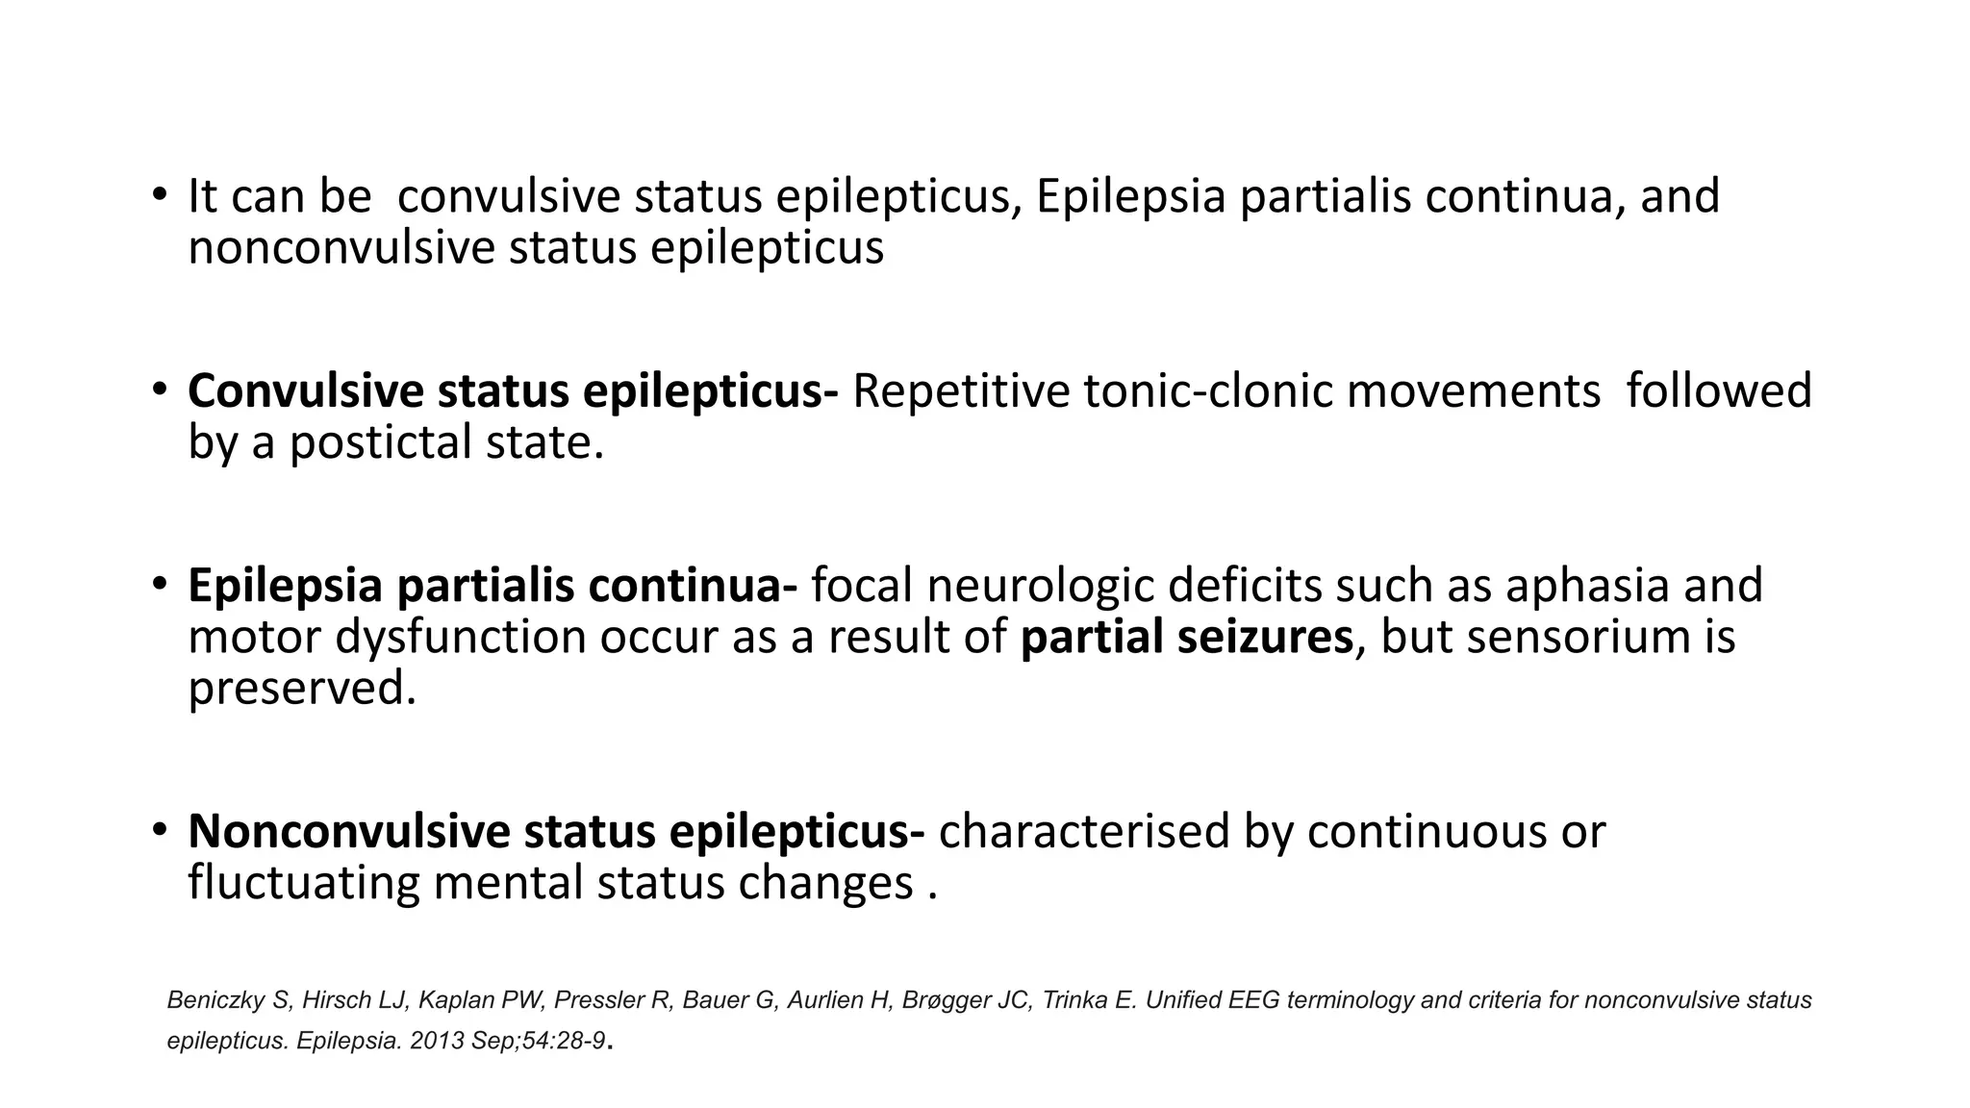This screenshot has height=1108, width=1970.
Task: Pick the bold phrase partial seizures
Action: coord(1187,638)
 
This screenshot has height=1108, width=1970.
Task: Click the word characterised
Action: coord(1084,831)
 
